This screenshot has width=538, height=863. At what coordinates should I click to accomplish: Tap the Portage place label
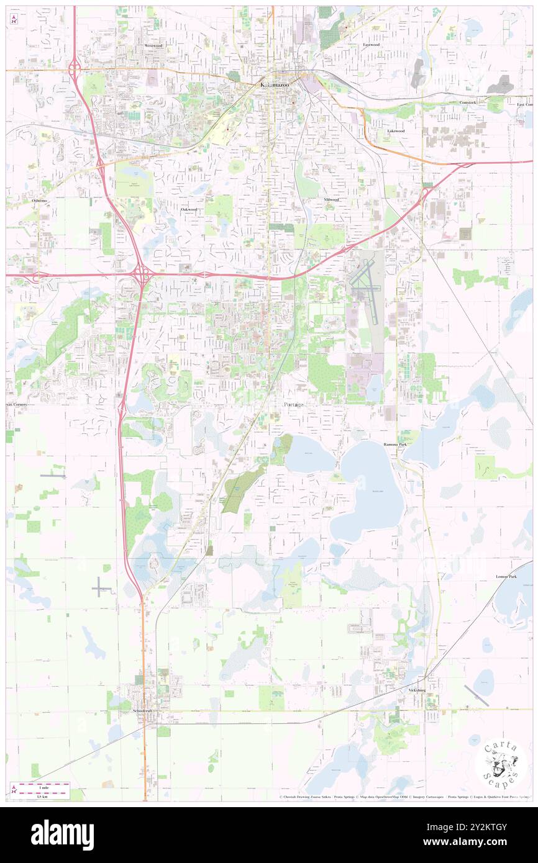[x=294, y=404]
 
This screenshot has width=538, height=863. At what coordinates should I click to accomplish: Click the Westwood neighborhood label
[x=153, y=46]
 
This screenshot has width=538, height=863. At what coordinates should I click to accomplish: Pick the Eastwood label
[x=372, y=45]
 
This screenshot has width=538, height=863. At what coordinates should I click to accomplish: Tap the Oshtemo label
[x=40, y=201]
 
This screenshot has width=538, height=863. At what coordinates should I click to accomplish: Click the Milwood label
[x=332, y=200]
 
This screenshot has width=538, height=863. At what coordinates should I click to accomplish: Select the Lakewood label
[x=396, y=131]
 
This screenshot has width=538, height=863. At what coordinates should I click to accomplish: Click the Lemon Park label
[x=506, y=577]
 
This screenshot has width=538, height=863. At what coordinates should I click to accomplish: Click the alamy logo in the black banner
[x=62, y=834]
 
